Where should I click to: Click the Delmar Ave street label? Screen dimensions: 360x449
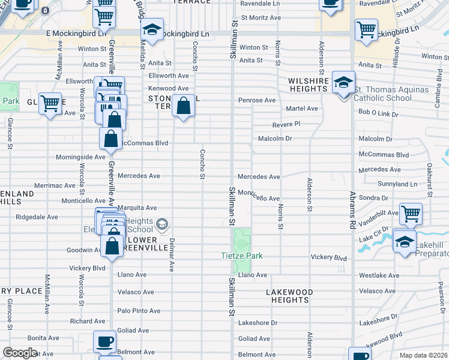click(172, 255)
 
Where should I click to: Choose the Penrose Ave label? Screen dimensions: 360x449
click(256, 100)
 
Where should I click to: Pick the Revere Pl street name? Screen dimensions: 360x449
click(286, 124)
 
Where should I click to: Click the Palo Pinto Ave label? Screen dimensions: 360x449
click(139, 311)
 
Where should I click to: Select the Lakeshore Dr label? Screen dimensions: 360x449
click(258, 322)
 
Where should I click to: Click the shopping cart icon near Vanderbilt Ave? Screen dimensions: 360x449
click(411, 213)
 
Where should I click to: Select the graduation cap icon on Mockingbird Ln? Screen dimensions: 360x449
click(152, 29)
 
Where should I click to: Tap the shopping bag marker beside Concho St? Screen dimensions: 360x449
click(184, 107)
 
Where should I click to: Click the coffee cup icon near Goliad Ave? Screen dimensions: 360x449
click(104, 342)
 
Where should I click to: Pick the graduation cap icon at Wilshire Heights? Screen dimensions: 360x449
click(343, 83)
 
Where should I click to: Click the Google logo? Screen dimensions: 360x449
click(20, 353)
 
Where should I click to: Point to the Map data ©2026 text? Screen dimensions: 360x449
click(423, 355)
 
